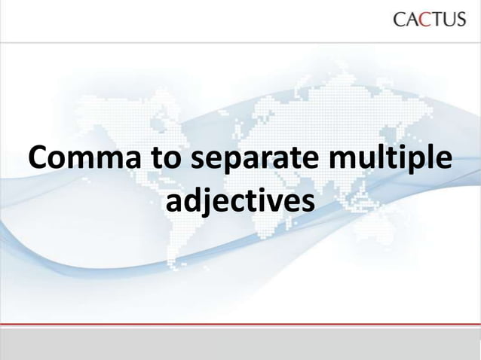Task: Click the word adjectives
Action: [240, 203]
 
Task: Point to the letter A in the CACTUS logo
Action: [411, 20]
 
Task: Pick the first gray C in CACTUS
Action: [399, 20]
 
